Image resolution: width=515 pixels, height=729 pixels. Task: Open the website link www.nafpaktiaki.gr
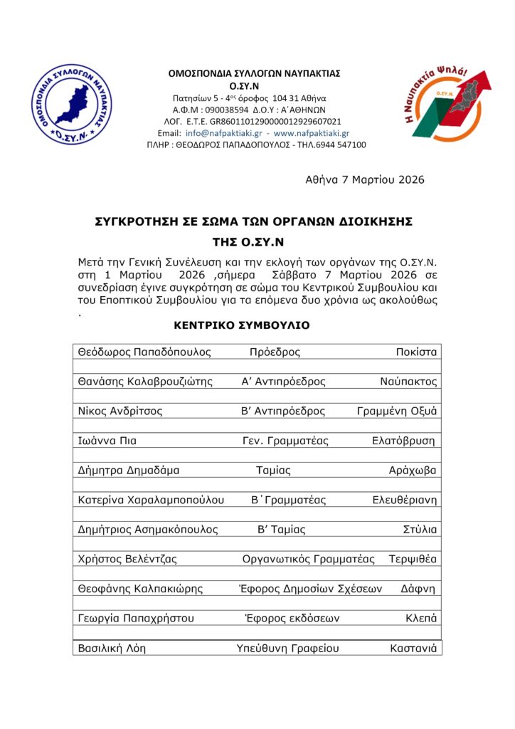click(311, 133)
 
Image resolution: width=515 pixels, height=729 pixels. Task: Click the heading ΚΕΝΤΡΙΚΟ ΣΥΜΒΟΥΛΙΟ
click(242, 325)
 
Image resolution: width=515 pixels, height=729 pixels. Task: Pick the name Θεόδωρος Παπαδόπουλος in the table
click(144, 352)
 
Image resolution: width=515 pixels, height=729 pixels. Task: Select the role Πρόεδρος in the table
click(275, 352)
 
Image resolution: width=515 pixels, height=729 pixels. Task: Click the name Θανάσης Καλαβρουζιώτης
click(145, 382)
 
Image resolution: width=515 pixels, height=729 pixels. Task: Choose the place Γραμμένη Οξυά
click(397, 411)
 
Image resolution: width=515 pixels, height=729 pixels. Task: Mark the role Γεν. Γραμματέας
click(285, 441)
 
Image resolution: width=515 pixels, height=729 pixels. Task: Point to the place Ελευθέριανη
click(405, 500)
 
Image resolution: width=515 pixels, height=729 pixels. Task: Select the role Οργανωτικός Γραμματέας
click(308, 559)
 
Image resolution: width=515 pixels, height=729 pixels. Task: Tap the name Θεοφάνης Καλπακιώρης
click(140, 589)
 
